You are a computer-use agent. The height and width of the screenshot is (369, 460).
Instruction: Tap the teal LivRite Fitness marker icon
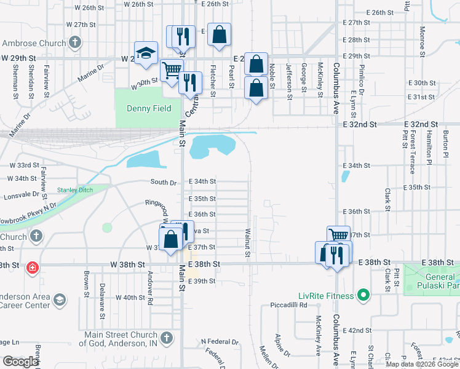pyautogui.click(x=363, y=296)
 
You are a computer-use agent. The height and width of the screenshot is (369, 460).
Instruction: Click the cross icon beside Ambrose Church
pyautogui.click(x=75, y=43)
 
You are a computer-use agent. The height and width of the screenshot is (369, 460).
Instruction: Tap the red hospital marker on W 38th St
pyautogui.click(x=32, y=268)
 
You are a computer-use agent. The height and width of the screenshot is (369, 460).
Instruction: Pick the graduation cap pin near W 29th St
pyautogui.click(x=146, y=54)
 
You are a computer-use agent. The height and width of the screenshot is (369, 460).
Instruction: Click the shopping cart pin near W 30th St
pyautogui.click(x=172, y=71)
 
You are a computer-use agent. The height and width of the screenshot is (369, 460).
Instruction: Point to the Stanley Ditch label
pyautogui.click(x=74, y=189)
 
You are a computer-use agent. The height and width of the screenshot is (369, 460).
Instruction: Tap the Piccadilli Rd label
pyautogui.click(x=291, y=305)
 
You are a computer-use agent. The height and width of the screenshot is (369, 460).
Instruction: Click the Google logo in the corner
pyautogui.click(x=20, y=362)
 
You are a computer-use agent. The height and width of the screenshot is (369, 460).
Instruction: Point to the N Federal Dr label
pyautogui.click(x=220, y=341)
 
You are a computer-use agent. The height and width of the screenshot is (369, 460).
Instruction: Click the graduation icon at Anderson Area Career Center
pyautogui.click(x=59, y=300)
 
